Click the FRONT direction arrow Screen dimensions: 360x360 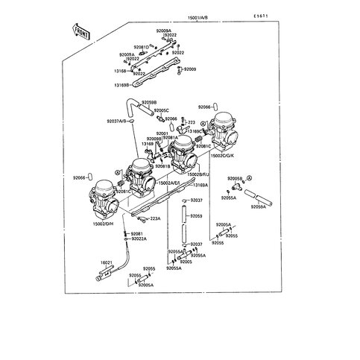(80, 31)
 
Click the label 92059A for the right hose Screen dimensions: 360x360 (259, 206)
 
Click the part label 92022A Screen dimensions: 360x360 (139, 239)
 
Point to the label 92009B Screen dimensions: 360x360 (154, 139)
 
